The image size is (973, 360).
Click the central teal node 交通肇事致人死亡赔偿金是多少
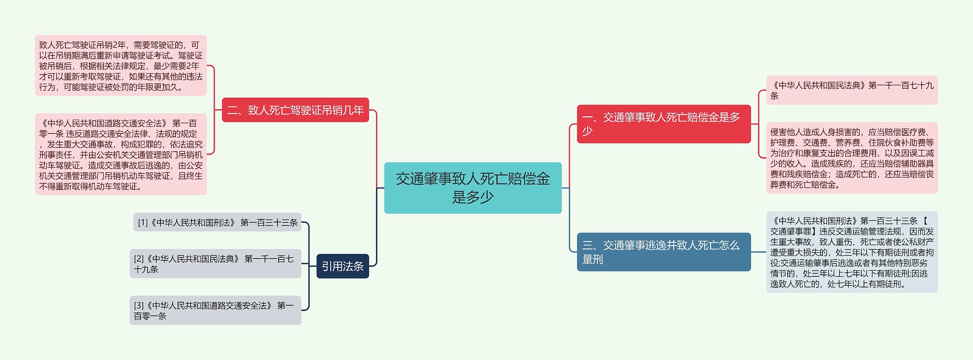472,188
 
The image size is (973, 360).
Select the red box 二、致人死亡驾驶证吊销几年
295,110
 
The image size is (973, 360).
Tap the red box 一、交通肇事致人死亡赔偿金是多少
664,124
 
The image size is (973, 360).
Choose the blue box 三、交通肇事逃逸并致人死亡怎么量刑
664,252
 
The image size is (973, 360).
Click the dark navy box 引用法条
342,266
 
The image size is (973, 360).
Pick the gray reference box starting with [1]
217,222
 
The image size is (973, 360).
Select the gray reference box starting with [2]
215,264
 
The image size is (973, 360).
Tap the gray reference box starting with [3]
215,311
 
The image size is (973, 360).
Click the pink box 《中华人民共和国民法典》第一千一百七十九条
851,90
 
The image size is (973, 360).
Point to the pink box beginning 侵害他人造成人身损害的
851,158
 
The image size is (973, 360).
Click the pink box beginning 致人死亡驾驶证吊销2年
121,66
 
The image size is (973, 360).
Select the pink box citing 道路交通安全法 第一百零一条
121,154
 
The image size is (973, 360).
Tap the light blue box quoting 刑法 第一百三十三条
851,252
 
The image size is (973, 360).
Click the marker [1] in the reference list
143,223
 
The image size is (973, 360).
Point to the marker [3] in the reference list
139,306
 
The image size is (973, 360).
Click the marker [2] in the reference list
139,259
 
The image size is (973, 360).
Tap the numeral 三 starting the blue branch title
588,246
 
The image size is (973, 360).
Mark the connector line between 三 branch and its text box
758,252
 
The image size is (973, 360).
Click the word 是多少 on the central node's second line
472,197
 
